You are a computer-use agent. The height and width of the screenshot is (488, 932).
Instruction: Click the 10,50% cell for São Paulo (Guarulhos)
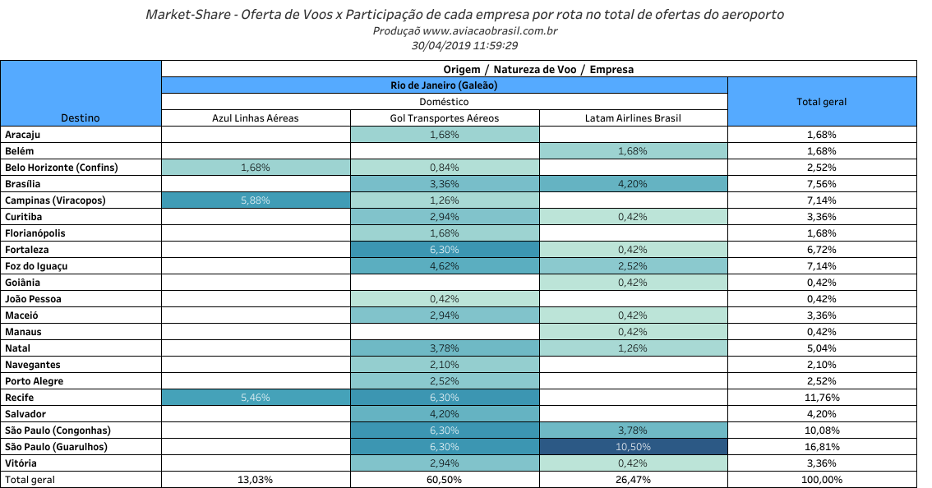click(633, 447)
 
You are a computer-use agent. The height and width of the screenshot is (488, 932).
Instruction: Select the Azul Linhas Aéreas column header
click(256, 118)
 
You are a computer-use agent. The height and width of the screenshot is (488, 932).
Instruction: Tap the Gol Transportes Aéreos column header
click(444, 118)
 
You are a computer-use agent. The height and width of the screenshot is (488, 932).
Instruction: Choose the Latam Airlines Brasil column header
click(633, 118)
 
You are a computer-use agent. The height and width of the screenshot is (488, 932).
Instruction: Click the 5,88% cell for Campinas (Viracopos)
click(256, 200)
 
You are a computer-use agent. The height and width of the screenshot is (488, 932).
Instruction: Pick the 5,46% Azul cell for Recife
click(256, 398)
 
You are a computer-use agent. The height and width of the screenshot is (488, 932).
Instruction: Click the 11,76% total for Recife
click(821, 398)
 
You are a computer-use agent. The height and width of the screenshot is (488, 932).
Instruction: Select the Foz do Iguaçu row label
click(36, 266)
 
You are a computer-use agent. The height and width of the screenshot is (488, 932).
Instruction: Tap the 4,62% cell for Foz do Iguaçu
click(444, 266)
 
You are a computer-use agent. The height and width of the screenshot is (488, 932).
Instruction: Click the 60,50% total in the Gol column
click(444, 480)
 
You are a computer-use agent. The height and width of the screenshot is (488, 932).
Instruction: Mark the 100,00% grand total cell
click(821, 480)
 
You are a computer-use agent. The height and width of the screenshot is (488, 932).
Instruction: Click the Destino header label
click(81, 118)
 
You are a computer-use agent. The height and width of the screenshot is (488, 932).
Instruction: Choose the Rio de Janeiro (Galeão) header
click(444, 85)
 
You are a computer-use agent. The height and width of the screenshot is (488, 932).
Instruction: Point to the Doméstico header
click(444, 102)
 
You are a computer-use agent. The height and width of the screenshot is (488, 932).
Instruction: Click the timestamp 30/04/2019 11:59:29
click(464, 45)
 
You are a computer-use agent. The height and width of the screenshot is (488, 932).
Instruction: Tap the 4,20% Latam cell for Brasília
click(633, 184)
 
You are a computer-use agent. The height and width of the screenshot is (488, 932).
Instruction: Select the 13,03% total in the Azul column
click(256, 480)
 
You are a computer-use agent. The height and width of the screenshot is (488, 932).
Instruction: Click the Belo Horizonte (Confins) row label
click(62, 168)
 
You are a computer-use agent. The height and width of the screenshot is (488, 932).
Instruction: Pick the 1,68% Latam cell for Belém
click(633, 151)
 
